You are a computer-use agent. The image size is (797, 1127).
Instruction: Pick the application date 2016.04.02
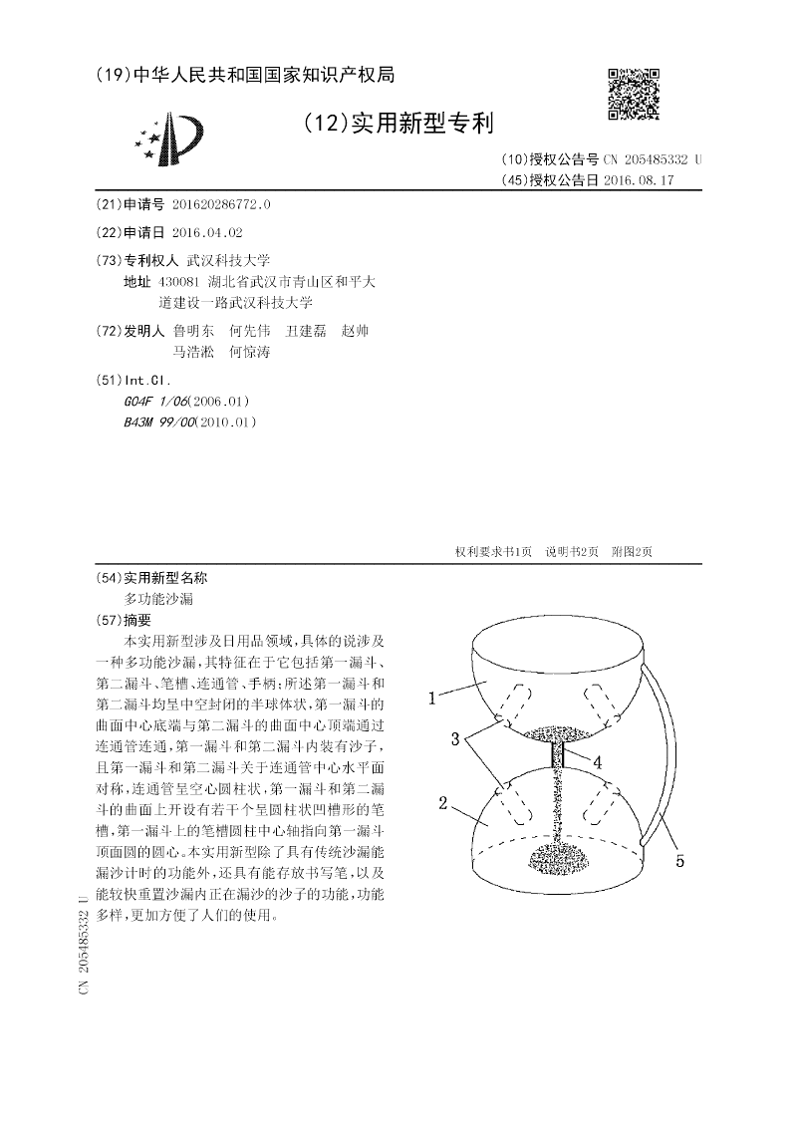pos(206,232)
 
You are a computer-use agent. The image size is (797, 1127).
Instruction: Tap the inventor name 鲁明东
pos(192,331)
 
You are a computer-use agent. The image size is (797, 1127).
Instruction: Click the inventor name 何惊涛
pos(249,352)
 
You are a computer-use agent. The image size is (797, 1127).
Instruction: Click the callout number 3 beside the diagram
pos(452,739)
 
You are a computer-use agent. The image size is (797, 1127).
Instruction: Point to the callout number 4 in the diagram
pos(598,762)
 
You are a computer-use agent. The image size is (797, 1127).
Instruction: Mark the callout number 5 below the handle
pos(679,861)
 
